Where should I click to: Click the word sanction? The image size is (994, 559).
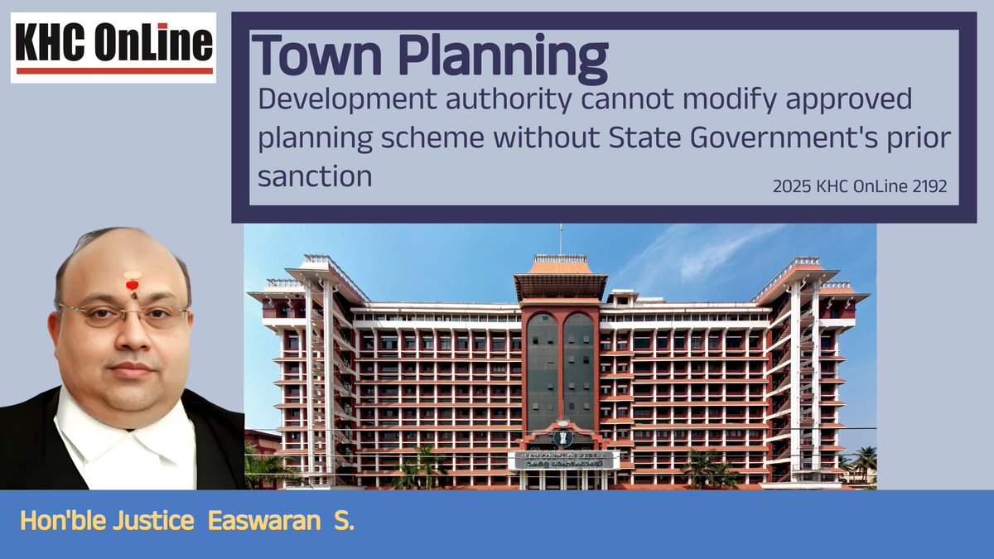click(315, 176)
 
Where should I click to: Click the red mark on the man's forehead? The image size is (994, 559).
click(131, 285)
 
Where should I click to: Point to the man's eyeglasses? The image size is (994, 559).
click(124, 315)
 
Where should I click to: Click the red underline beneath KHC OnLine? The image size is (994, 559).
click(114, 71)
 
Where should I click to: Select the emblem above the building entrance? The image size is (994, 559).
click(560, 437)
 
